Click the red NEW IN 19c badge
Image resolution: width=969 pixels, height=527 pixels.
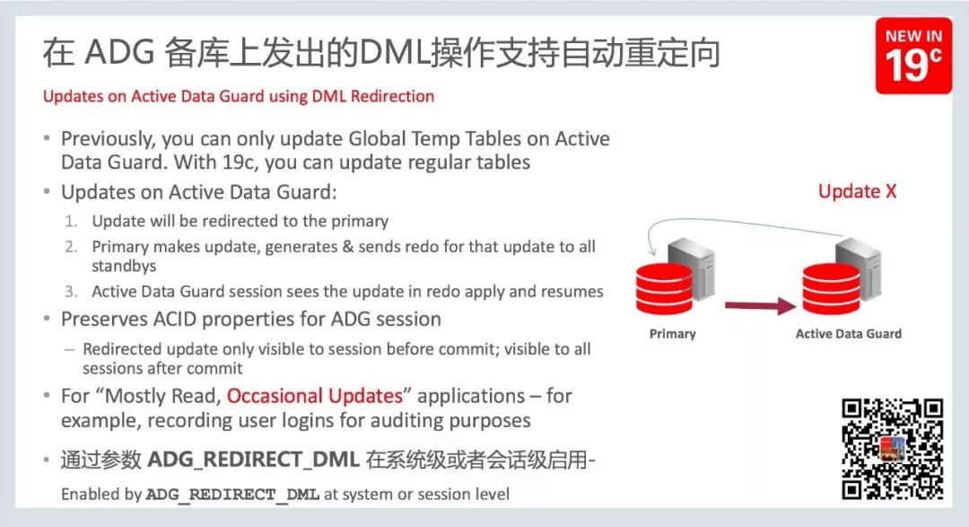click(x=913, y=56)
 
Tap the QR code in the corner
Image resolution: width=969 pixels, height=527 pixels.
click(x=893, y=448)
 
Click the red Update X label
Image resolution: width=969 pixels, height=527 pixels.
click(x=857, y=191)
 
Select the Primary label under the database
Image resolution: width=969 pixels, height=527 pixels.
click(x=672, y=334)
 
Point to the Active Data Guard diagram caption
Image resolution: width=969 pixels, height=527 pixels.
click(x=849, y=334)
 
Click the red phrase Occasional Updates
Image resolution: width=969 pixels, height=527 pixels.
click(x=314, y=396)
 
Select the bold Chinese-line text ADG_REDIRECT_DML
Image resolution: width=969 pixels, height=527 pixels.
click(x=254, y=461)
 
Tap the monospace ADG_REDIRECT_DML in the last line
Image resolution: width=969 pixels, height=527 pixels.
click(x=232, y=495)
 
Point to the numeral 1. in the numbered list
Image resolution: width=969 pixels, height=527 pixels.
click(x=71, y=221)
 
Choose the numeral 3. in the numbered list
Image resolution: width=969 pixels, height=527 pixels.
click(x=71, y=292)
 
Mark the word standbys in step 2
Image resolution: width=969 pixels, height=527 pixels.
click(x=124, y=266)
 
